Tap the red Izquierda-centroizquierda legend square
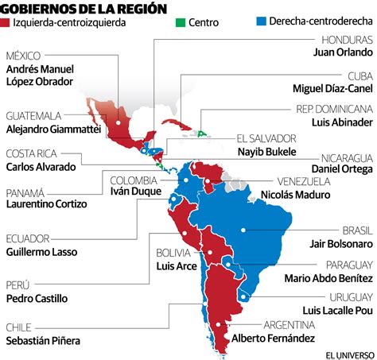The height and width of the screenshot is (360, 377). [10, 22]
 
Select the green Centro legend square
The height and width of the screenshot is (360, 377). [181, 22]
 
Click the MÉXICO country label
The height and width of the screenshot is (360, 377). [24, 56]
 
